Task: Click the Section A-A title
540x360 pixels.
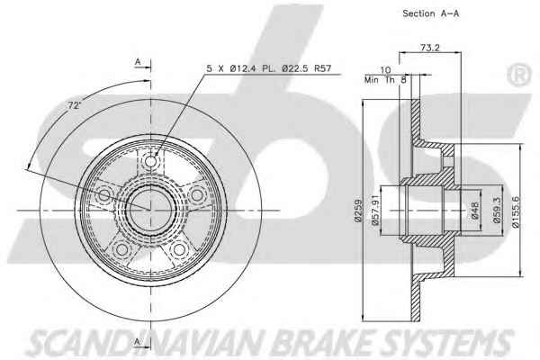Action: pos(430,13)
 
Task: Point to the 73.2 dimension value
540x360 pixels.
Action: pos(430,48)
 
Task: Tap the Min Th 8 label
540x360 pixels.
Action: pos(385,80)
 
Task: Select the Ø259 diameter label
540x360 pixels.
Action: pos(358,211)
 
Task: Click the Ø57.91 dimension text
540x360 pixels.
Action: pos(375,210)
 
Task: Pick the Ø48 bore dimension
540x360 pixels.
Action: pos(474,210)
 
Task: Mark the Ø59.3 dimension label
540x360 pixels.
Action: pos(497,210)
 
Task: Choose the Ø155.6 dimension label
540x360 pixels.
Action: pos(516,211)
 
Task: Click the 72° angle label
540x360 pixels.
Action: pos(73,105)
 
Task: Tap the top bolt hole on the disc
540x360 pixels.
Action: pos(150,161)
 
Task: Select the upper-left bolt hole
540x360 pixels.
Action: pos(104,195)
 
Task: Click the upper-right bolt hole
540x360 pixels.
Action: pos(197,195)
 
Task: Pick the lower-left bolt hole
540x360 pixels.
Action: pos(121,249)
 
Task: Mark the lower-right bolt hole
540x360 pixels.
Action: pos(179,249)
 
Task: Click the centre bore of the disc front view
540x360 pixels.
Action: pos(150,210)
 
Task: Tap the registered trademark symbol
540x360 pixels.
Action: pos(518,75)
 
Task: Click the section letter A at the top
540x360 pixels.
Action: pos(138,62)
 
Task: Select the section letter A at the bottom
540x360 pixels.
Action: pos(138,342)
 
